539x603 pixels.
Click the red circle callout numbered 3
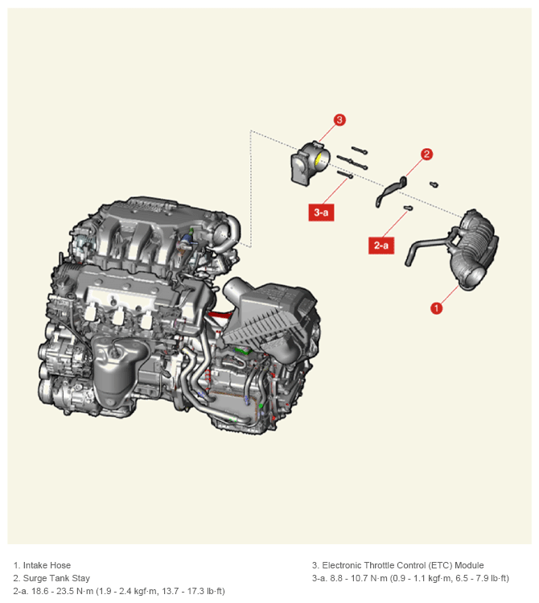[339, 120]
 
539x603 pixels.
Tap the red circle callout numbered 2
[426, 155]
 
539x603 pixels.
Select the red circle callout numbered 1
[436, 308]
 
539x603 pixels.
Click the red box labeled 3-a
[321, 213]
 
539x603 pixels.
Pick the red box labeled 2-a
[381, 246]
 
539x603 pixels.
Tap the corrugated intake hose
[474, 250]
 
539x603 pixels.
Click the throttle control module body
[309, 163]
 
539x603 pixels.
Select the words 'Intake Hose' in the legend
[47, 565]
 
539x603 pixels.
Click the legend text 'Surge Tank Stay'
[56, 578]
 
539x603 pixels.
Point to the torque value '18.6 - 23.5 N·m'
[63, 591]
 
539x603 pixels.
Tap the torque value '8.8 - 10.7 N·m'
[359, 578]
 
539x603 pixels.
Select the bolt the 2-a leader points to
[409, 208]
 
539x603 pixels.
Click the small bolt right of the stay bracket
[434, 184]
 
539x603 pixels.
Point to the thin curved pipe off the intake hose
[426, 248]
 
